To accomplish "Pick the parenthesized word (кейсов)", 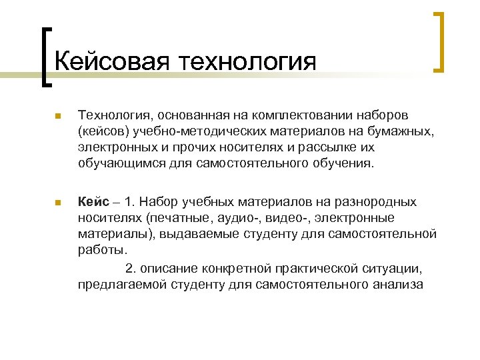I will point(102,132).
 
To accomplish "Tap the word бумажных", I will point(400,132).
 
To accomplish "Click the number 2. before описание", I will point(131,269).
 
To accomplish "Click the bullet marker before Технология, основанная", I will point(57,117).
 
